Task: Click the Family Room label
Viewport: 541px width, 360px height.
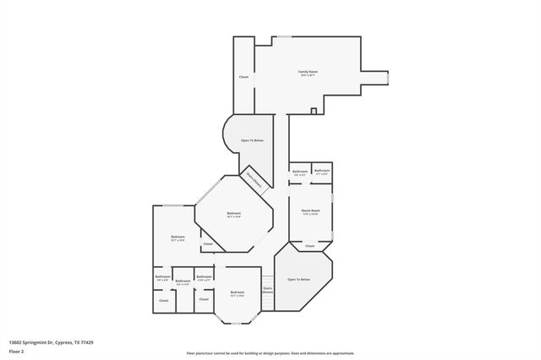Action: [x=308, y=72]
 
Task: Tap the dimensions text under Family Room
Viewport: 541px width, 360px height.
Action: [x=308, y=76]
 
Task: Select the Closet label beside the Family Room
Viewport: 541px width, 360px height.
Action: [x=243, y=77]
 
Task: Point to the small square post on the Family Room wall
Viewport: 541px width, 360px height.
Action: [x=314, y=111]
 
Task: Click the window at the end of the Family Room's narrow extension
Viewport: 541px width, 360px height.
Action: [x=388, y=78]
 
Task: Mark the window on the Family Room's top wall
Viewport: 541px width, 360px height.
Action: [x=282, y=36]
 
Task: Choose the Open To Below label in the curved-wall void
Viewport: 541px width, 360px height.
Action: [x=253, y=140]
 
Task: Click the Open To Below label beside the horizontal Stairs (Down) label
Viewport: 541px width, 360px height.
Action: [x=298, y=279]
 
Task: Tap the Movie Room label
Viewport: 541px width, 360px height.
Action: [x=310, y=210]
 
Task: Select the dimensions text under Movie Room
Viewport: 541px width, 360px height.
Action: [x=310, y=215]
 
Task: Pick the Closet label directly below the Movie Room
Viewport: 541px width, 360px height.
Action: [x=310, y=246]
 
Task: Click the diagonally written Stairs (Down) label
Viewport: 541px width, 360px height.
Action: [x=254, y=180]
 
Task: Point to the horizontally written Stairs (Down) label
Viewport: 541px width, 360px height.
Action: [x=267, y=290]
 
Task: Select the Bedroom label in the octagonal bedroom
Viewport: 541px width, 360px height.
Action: [x=234, y=213]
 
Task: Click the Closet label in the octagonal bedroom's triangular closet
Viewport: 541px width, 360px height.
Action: [x=208, y=244]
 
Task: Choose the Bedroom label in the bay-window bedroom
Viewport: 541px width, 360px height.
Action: [x=238, y=292]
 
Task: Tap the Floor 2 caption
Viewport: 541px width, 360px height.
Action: [x=16, y=351]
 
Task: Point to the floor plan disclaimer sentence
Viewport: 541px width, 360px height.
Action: [x=270, y=353]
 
